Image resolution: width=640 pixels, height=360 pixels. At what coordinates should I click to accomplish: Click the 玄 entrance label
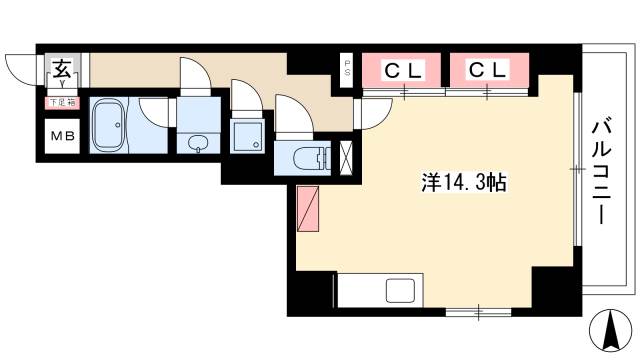[x=60, y=70]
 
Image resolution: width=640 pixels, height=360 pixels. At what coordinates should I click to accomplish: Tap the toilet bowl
[x=313, y=156]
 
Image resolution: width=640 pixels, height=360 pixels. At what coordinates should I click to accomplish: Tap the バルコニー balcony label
[x=602, y=170]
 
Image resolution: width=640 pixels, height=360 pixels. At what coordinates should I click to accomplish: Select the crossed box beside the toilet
[x=347, y=156]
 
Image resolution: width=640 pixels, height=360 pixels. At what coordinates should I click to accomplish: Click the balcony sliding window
[x=578, y=170]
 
